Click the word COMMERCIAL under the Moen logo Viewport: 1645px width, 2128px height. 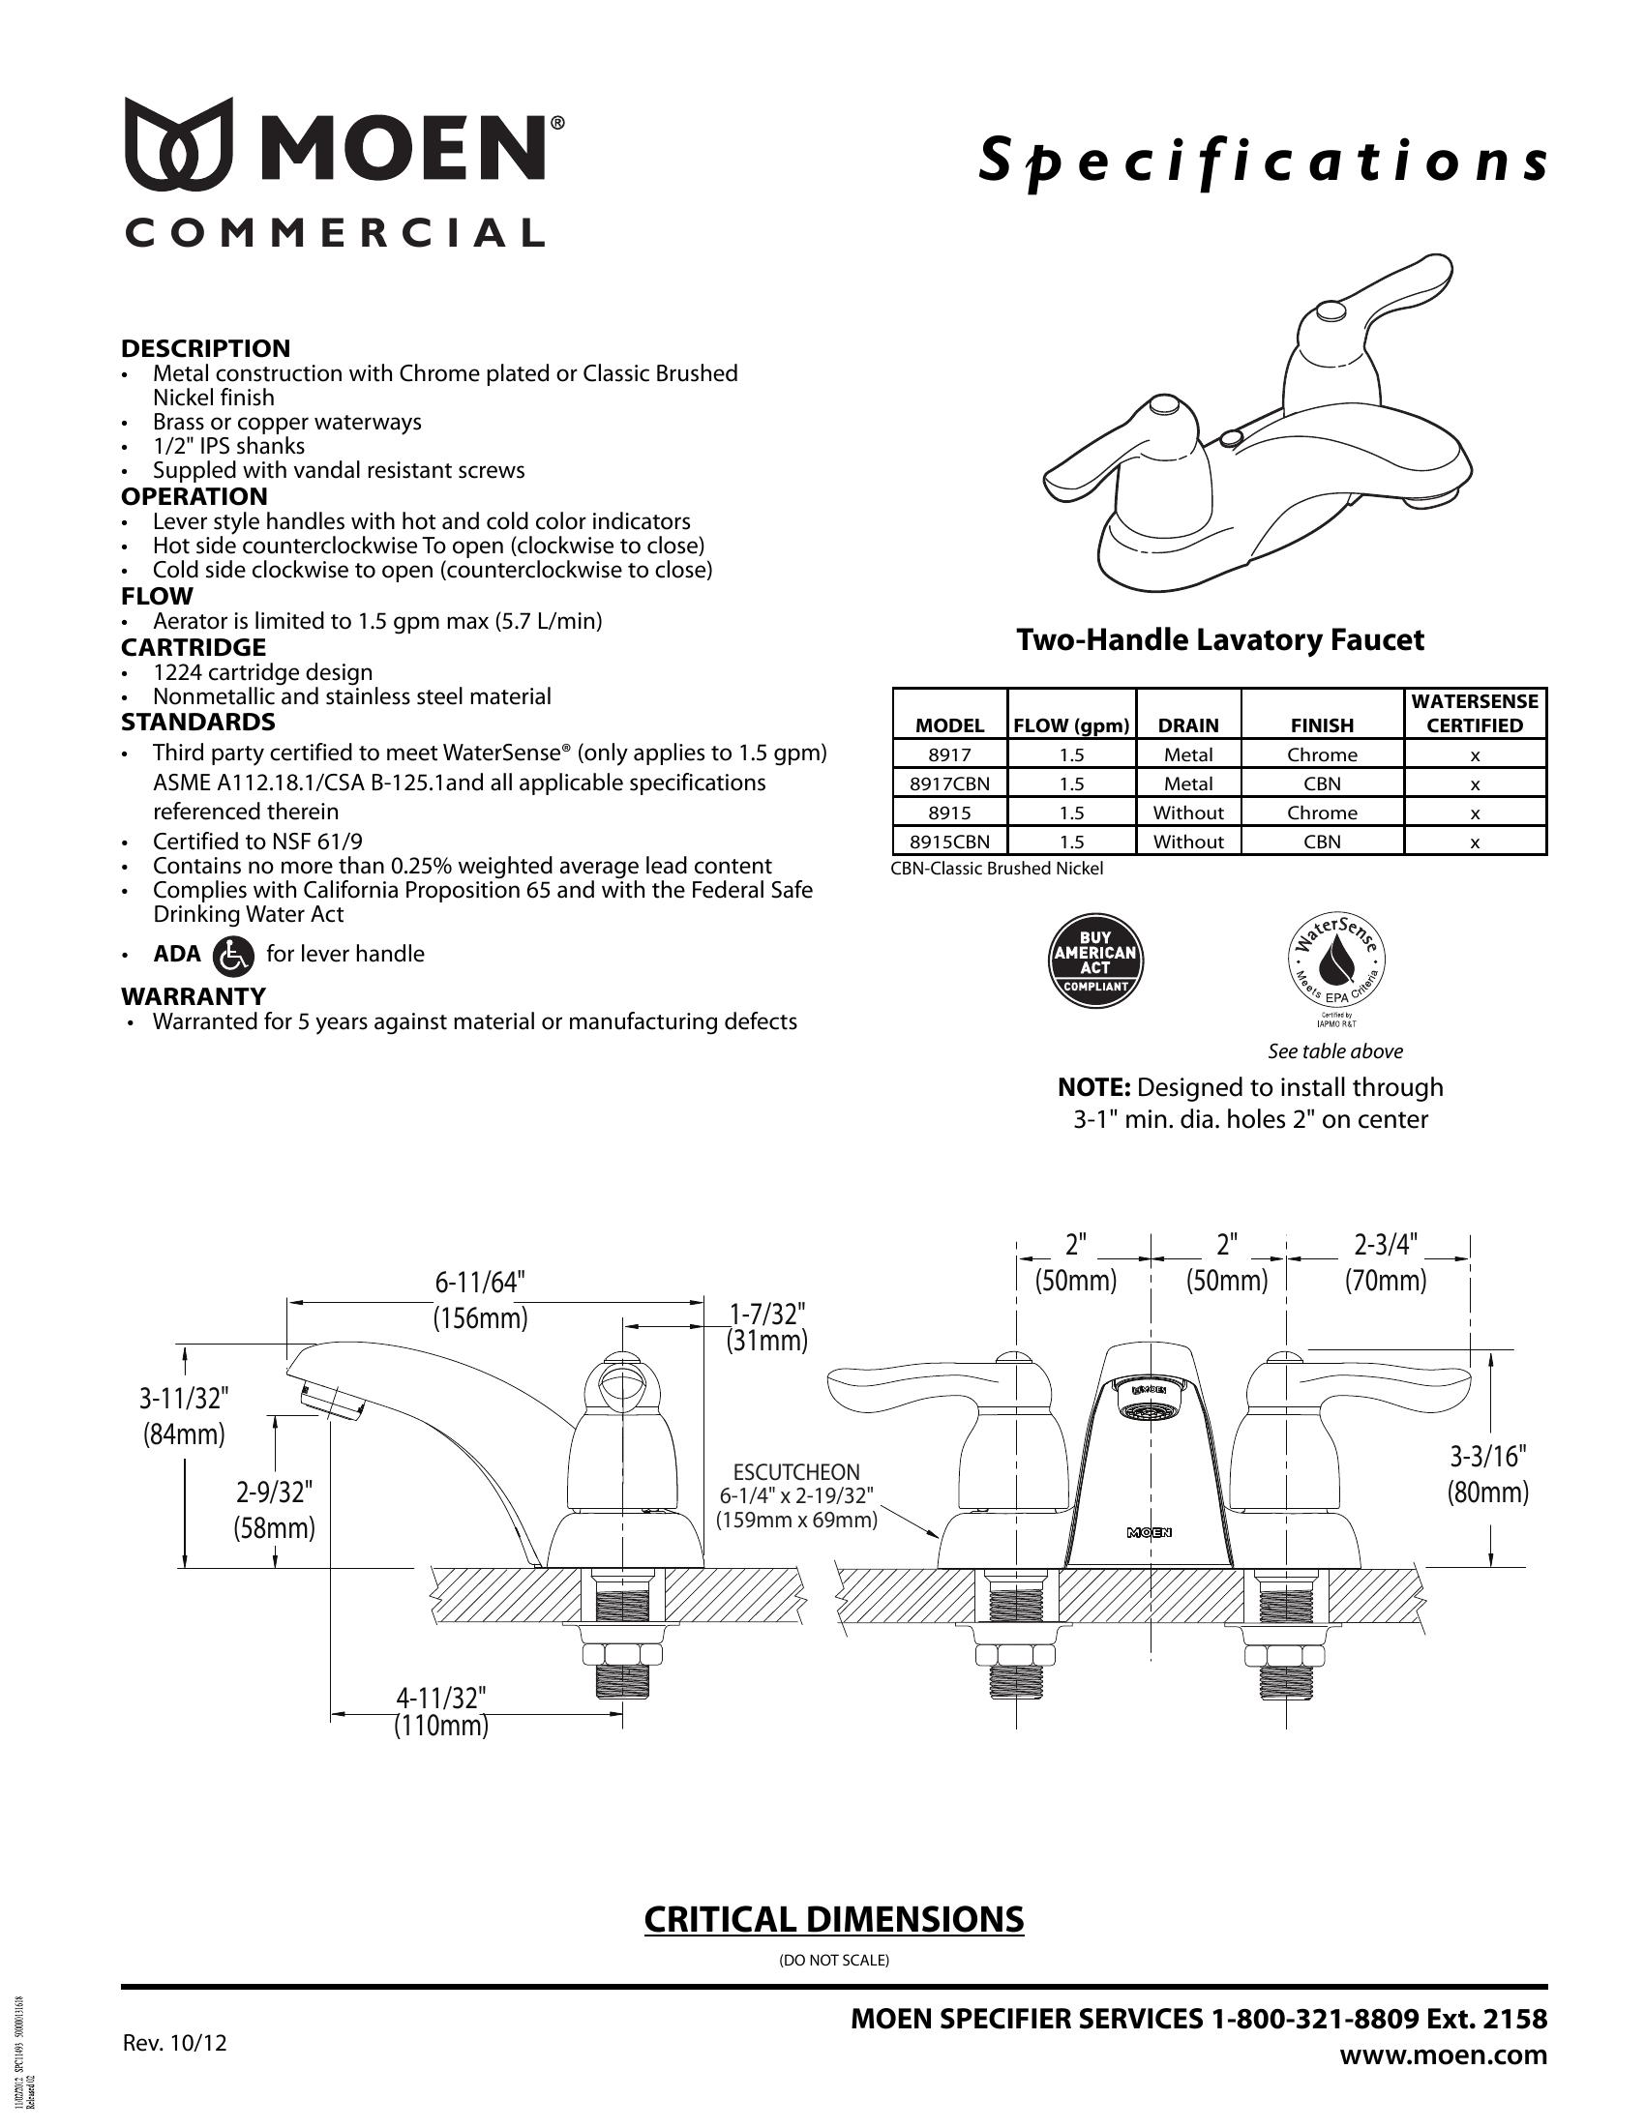click(333, 233)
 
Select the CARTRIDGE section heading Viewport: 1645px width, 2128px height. click(193, 647)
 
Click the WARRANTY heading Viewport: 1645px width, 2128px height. click(193, 995)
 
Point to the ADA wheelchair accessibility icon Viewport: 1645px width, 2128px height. click(233, 955)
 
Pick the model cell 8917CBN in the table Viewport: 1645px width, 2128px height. click(949, 783)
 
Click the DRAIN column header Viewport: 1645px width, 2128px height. click(1188, 724)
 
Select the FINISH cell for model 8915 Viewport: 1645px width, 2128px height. click(1322, 813)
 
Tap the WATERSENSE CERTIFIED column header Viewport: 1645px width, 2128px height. click(1475, 713)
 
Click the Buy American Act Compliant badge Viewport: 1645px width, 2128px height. click(1094, 961)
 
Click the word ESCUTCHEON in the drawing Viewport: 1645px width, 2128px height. click(796, 1472)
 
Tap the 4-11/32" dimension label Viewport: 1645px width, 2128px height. click(440, 1699)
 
